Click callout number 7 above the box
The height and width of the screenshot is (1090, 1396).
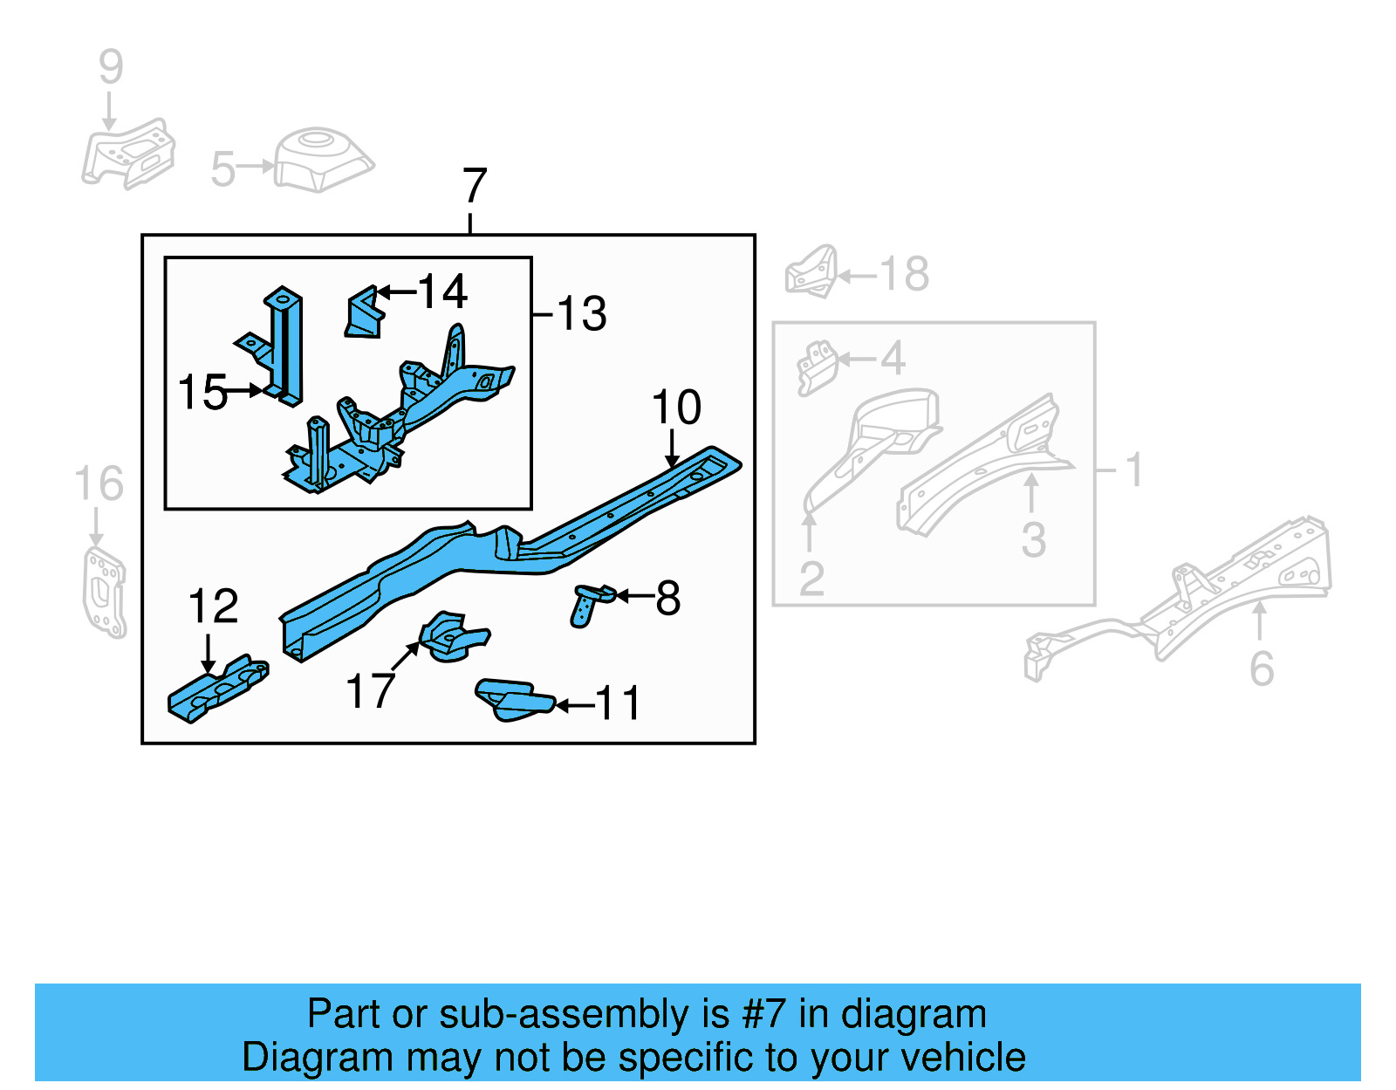474,186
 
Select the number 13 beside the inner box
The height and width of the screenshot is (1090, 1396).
581,313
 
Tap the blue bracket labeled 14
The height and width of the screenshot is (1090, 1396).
365,313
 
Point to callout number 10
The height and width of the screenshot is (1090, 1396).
676,408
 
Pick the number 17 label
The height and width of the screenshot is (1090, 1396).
370,691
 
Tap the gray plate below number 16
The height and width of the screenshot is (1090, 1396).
104,592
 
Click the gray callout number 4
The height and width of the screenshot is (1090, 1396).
893,358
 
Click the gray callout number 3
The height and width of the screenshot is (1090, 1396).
1033,540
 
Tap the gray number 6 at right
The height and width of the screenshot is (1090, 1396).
1262,669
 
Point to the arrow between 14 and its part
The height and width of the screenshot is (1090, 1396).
396,292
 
